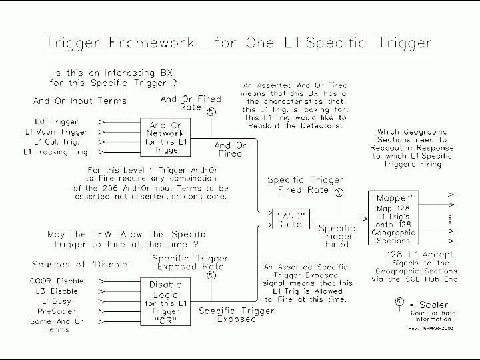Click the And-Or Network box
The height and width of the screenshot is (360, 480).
[x=167, y=136]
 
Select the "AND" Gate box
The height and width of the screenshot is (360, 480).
[x=290, y=219]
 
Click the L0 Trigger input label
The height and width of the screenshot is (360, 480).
[x=57, y=122]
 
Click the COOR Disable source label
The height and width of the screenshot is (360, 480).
[x=57, y=281]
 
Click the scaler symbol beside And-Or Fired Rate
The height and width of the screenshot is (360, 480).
[x=211, y=112]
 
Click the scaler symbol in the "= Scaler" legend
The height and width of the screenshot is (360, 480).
[x=399, y=303]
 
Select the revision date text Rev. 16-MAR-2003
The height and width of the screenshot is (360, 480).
[x=431, y=328]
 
